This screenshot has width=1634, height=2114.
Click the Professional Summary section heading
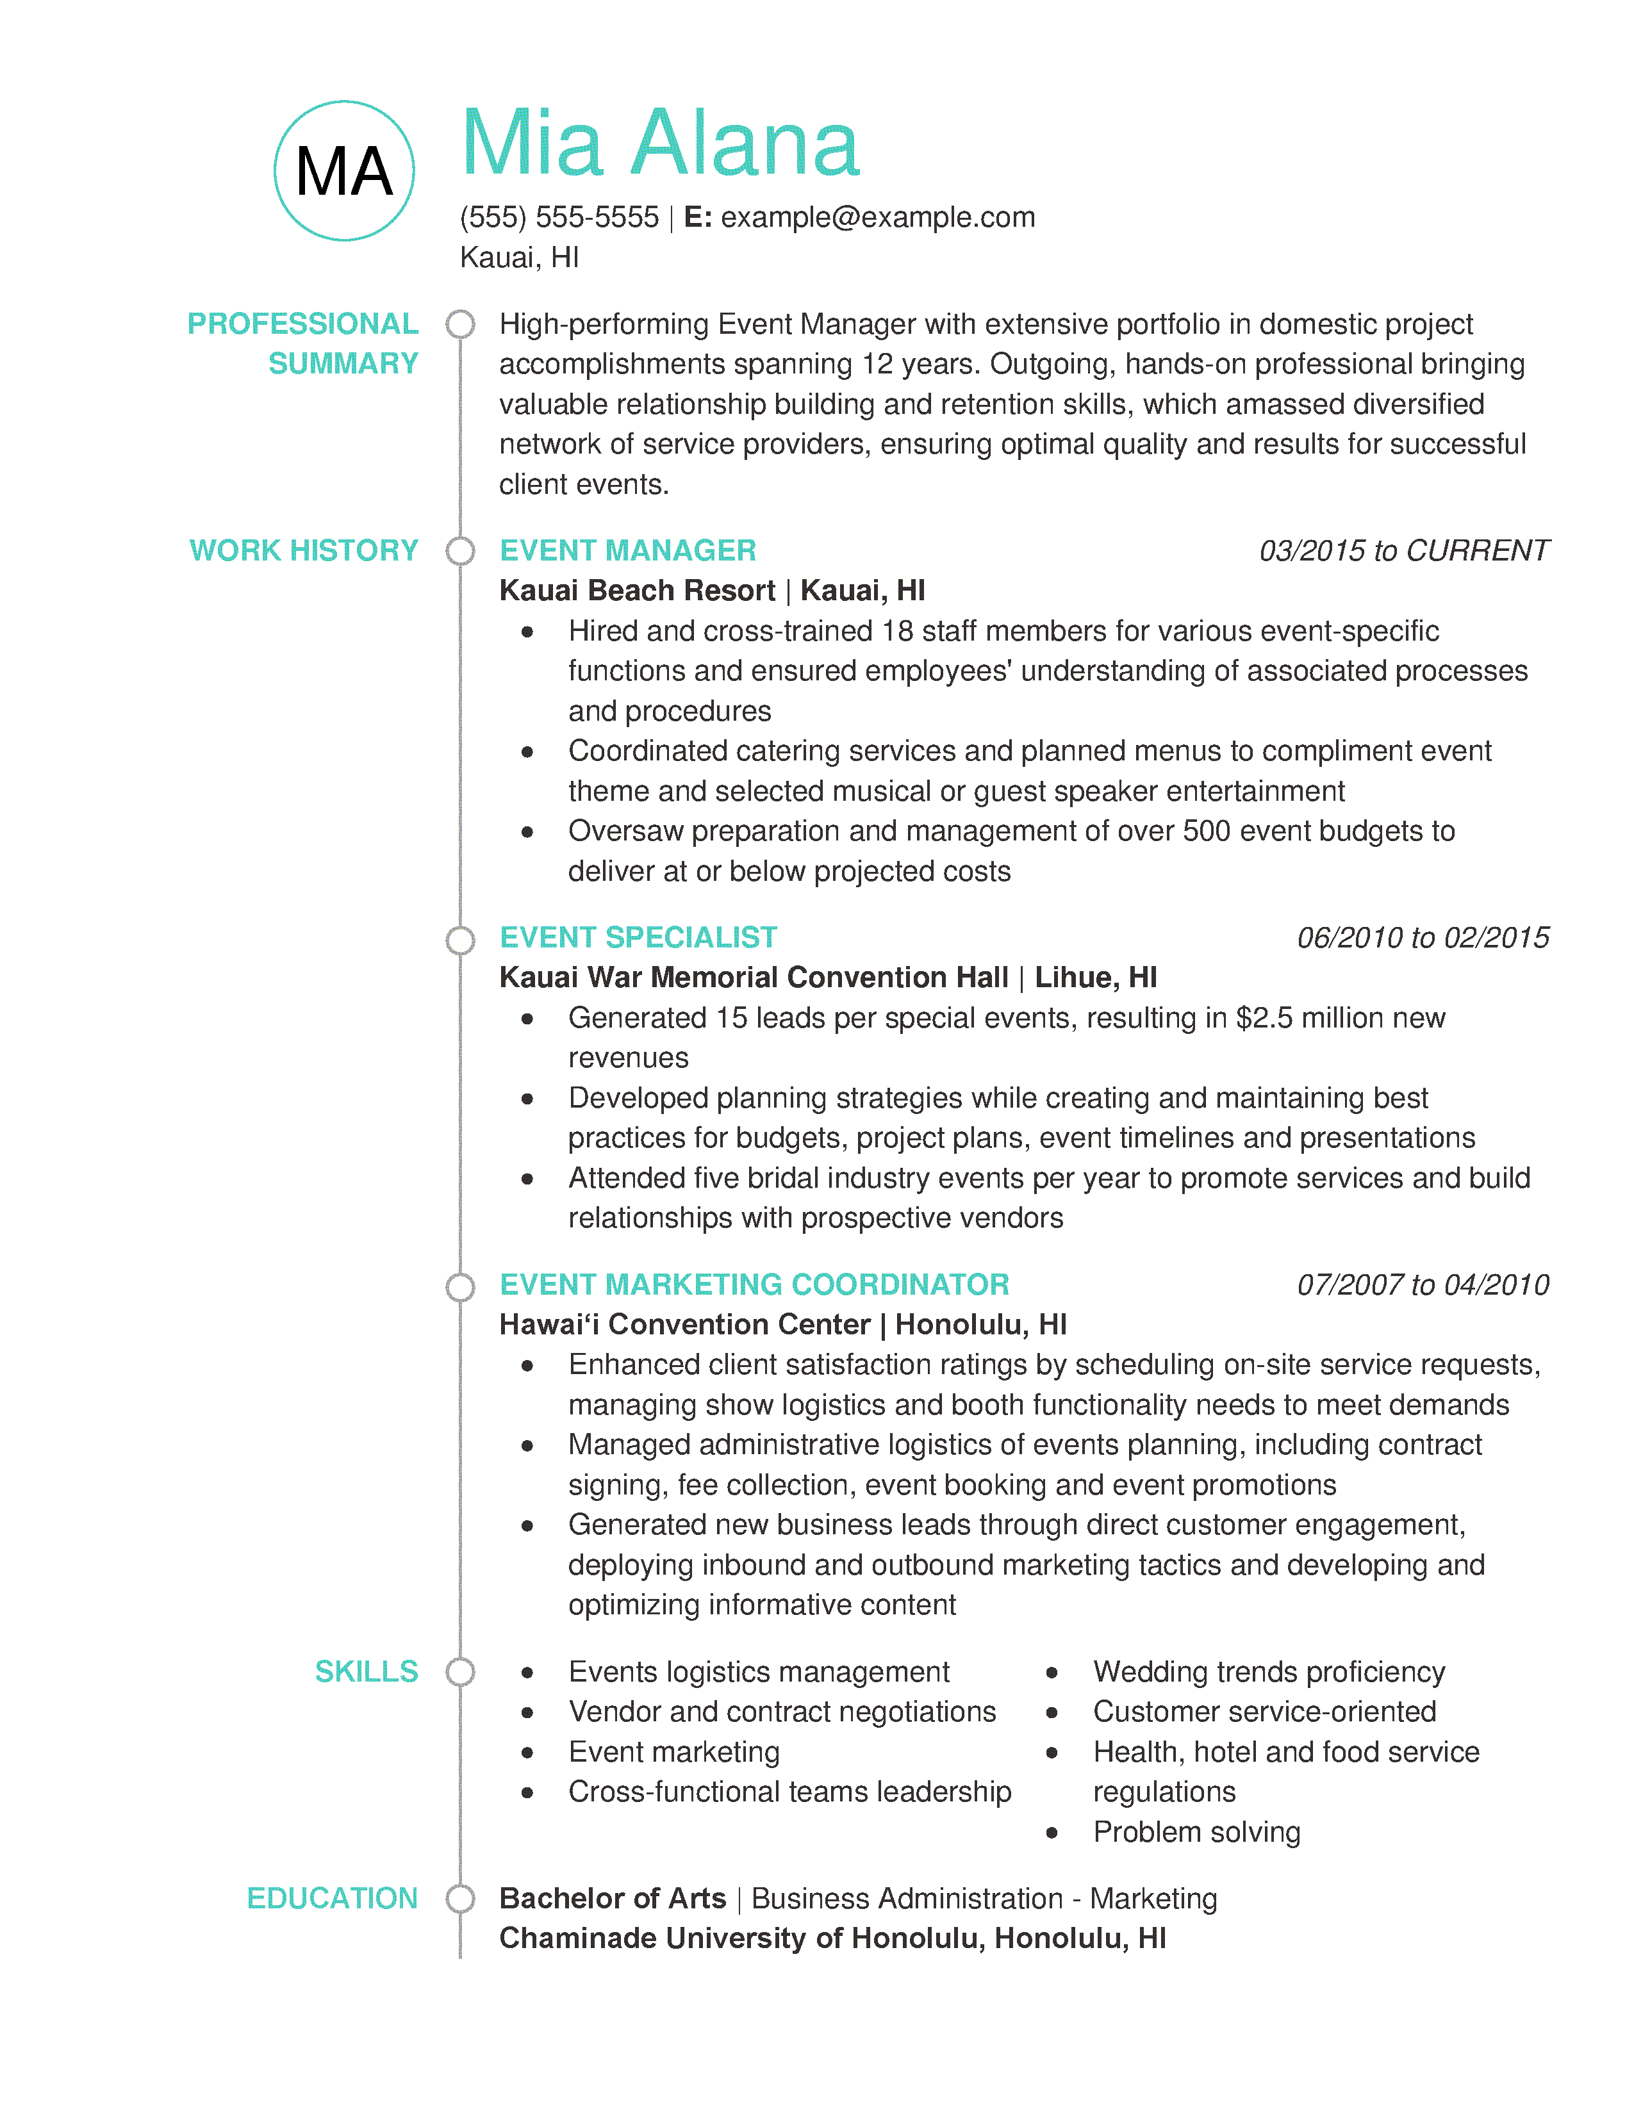(x=303, y=343)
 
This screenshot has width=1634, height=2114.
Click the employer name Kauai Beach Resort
(x=637, y=591)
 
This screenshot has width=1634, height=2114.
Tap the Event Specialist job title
(x=638, y=937)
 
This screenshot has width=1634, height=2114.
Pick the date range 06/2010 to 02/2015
(x=1422, y=937)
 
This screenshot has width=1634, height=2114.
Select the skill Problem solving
(x=1196, y=1831)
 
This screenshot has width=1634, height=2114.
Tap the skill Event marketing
(x=673, y=1752)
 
